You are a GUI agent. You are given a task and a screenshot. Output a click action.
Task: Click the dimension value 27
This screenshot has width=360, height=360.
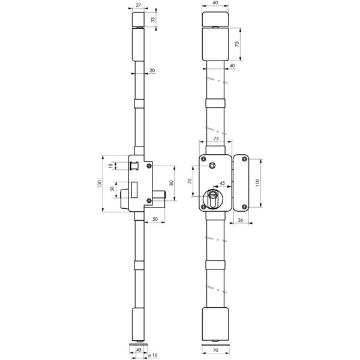[138, 5]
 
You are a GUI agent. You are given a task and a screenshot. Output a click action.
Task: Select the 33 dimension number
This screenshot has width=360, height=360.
[153, 20]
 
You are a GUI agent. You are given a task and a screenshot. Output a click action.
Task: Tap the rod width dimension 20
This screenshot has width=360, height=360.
[152, 70]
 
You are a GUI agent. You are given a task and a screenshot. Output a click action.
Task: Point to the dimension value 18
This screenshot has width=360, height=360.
[111, 166]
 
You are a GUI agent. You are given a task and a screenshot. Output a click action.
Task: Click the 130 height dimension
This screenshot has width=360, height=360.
[100, 184]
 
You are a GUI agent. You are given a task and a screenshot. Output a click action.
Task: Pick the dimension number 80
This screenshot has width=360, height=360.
[171, 183]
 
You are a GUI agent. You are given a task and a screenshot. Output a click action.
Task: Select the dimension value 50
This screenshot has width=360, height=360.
[155, 219]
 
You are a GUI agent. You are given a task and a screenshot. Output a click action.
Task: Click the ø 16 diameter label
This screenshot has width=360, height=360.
[153, 355]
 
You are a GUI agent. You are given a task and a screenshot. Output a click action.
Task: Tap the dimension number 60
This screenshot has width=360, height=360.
[215, 3]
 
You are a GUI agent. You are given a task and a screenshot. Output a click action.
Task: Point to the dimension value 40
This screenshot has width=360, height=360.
[232, 65]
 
